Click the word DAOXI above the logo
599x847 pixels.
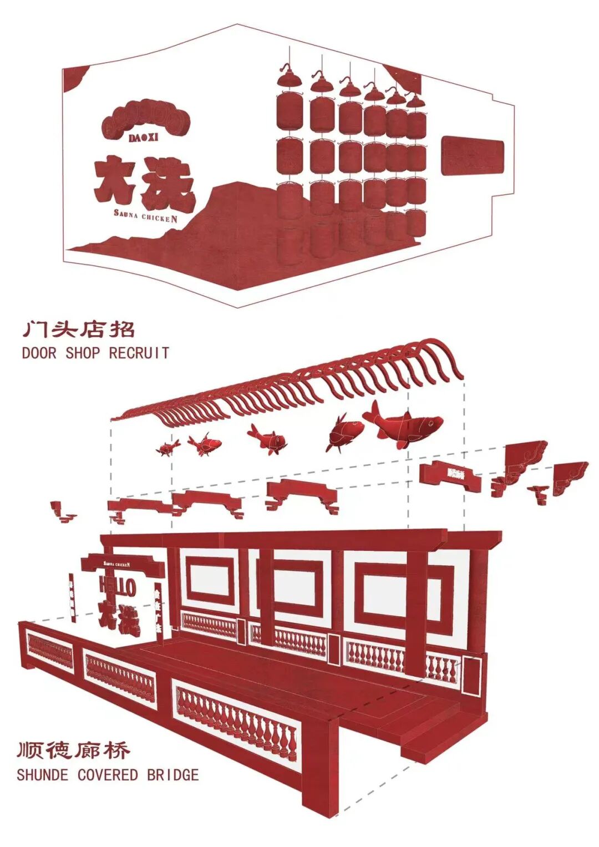coord(144,138)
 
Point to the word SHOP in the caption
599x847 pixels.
coord(83,353)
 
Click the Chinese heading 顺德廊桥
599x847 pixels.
coord(74,750)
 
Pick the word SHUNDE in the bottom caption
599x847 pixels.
coord(43,774)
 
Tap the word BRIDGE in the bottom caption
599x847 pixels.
coord(172,774)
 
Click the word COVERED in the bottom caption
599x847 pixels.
coord(108,774)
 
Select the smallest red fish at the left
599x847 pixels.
coord(167,447)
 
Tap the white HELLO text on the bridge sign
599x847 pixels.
coord(118,587)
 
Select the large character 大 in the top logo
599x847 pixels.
coord(115,181)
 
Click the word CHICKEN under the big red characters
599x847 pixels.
coord(160,217)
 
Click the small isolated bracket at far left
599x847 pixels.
coord(61,512)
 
